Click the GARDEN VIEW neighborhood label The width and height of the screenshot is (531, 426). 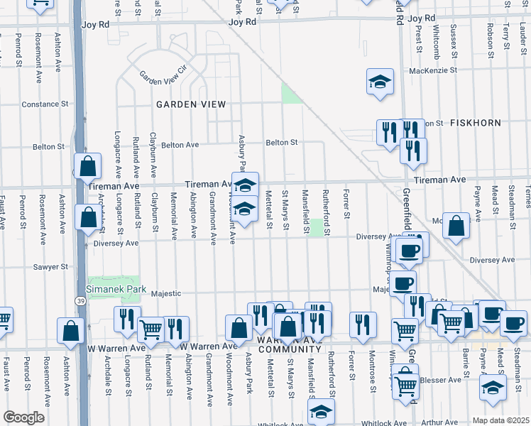(x=191, y=104)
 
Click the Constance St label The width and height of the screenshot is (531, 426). (x=45, y=104)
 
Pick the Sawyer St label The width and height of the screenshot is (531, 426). (x=50, y=267)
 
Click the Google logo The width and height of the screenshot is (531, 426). (x=24, y=417)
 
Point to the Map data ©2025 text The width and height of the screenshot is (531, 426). (x=500, y=420)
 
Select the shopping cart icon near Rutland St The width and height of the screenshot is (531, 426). (x=150, y=329)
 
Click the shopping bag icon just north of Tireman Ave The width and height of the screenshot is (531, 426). (x=87, y=168)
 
